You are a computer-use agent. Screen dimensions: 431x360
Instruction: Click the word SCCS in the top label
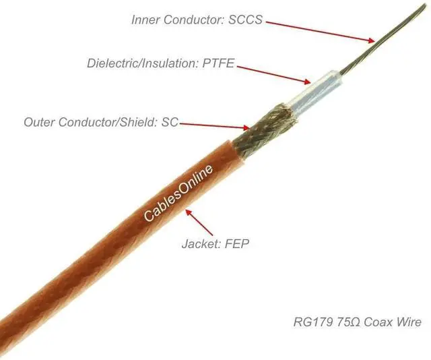point(246,20)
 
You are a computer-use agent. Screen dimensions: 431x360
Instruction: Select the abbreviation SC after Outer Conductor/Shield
point(170,123)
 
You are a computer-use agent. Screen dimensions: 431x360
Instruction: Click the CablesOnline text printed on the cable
point(178,193)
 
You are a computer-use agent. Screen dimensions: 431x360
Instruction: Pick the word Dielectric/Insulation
point(140,64)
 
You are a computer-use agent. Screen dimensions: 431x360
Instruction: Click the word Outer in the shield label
point(38,123)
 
